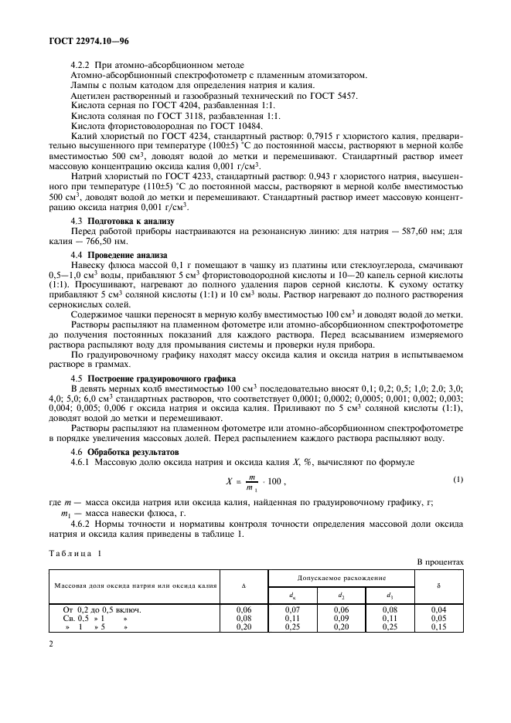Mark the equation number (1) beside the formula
[x=458, y=480]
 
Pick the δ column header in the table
[x=438, y=586]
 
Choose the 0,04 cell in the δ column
[x=438, y=609]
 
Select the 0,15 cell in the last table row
[x=438, y=626]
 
